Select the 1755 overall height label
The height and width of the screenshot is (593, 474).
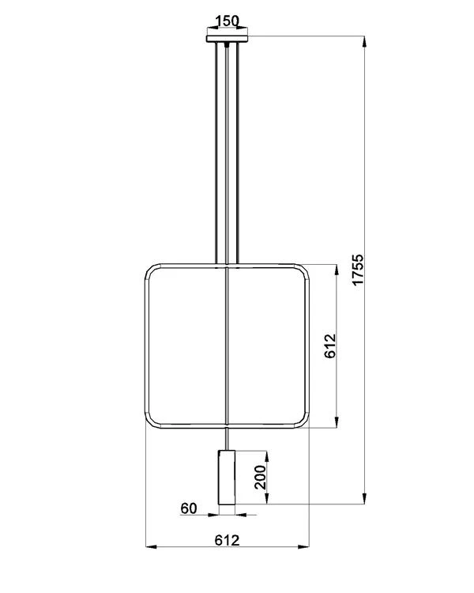point(358,270)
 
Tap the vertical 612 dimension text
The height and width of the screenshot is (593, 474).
point(329,346)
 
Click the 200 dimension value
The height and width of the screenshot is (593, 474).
point(260,477)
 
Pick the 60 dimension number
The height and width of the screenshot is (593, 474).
point(188,508)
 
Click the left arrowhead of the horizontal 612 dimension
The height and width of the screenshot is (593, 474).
point(152,546)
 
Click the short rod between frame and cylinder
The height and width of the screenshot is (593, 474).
point(227,440)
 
